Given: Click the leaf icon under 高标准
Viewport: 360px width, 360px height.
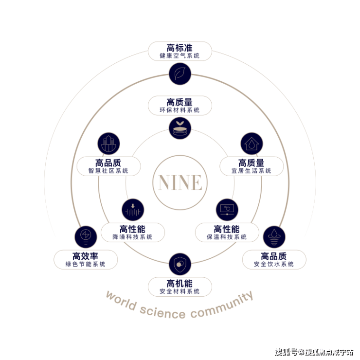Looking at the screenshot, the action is (x=180, y=73).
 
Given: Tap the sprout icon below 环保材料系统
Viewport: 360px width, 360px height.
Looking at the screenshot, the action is (x=180, y=128).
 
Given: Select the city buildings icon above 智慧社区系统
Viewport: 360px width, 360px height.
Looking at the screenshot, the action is (x=108, y=144).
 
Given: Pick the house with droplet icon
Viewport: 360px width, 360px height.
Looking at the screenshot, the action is (x=252, y=144).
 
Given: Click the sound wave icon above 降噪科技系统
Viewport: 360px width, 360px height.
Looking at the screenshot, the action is (x=133, y=210).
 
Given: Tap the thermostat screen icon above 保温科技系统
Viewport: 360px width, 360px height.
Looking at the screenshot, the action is (x=227, y=210).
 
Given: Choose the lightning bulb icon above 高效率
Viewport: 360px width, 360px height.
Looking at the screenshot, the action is (x=86, y=237).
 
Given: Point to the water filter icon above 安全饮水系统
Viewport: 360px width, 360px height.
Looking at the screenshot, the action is (x=274, y=237).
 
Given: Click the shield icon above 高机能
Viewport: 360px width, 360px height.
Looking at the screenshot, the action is (x=180, y=264).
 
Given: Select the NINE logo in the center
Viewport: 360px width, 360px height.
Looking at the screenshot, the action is (x=180, y=182).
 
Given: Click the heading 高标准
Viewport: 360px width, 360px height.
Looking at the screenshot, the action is (x=180, y=48).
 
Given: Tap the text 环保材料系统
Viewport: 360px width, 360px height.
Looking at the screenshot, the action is (x=180, y=110).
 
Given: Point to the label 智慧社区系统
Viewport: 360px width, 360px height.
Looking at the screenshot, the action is (x=108, y=171).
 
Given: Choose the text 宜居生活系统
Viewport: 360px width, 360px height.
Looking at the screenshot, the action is (x=251, y=171).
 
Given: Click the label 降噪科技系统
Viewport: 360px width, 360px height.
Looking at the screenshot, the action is (x=132, y=237).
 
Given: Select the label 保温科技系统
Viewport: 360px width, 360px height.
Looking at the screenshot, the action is (x=227, y=237).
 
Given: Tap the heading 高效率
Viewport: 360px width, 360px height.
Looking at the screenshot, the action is (x=86, y=256).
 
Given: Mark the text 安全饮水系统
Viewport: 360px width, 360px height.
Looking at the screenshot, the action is (x=274, y=264).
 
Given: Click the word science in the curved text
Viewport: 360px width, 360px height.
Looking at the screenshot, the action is (x=162, y=312).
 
